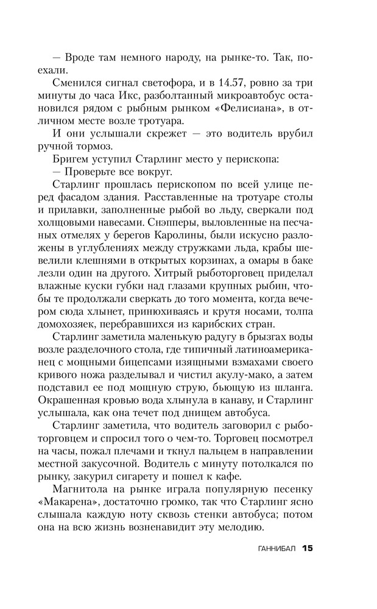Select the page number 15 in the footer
(x=307, y=548)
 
